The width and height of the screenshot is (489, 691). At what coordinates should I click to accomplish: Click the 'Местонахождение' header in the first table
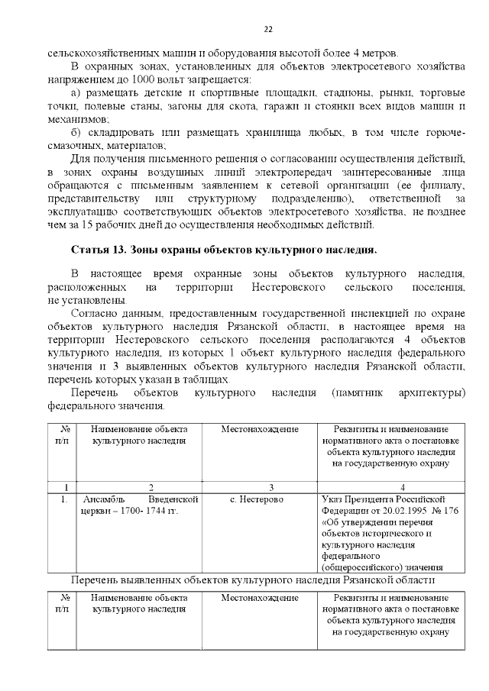tap(259, 430)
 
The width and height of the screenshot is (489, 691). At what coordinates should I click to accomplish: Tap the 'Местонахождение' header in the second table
tap(259, 598)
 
